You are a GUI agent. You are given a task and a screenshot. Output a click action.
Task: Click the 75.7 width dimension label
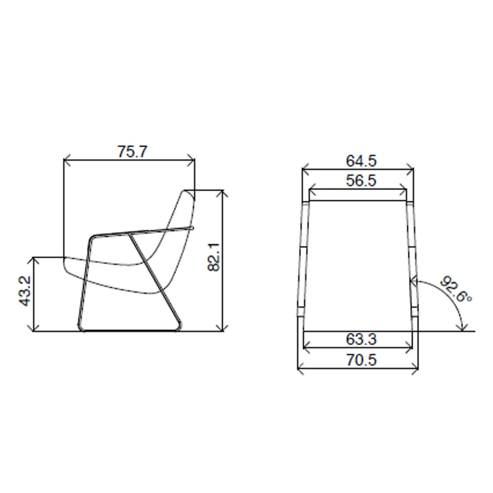[x=132, y=151]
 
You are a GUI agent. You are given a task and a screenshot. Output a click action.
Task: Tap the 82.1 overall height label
[x=214, y=257]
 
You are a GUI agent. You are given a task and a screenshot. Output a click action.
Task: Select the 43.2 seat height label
[x=25, y=291]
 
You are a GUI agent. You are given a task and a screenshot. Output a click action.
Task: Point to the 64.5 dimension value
[x=361, y=161]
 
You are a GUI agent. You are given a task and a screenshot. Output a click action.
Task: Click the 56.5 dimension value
[x=361, y=181]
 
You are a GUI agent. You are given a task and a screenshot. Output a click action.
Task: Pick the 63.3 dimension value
[x=361, y=339]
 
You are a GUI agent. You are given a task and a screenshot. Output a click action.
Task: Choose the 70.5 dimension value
[x=361, y=360]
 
